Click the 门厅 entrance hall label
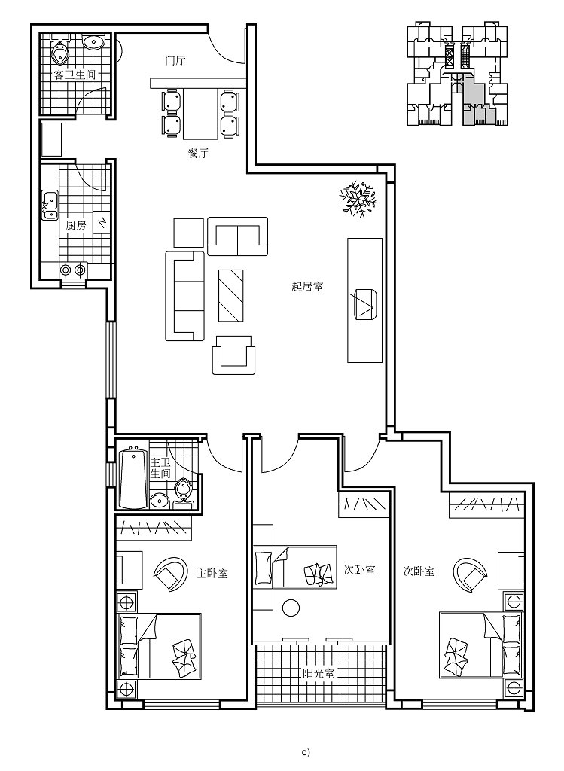click(x=175, y=60)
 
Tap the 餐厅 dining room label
click(x=198, y=153)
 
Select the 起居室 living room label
click(x=307, y=286)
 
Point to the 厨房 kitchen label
click(x=76, y=225)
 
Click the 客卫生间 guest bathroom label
click(x=74, y=75)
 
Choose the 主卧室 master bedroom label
click(x=212, y=573)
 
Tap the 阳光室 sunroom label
click(x=319, y=674)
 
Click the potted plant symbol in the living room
click(x=356, y=200)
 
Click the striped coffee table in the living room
click(x=232, y=294)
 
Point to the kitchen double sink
click(x=50, y=205)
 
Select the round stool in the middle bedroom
click(x=291, y=608)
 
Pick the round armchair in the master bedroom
click(x=172, y=575)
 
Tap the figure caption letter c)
click(x=305, y=751)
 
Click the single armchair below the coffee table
click(x=233, y=355)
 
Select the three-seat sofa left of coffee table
click(x=185, y=296)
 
